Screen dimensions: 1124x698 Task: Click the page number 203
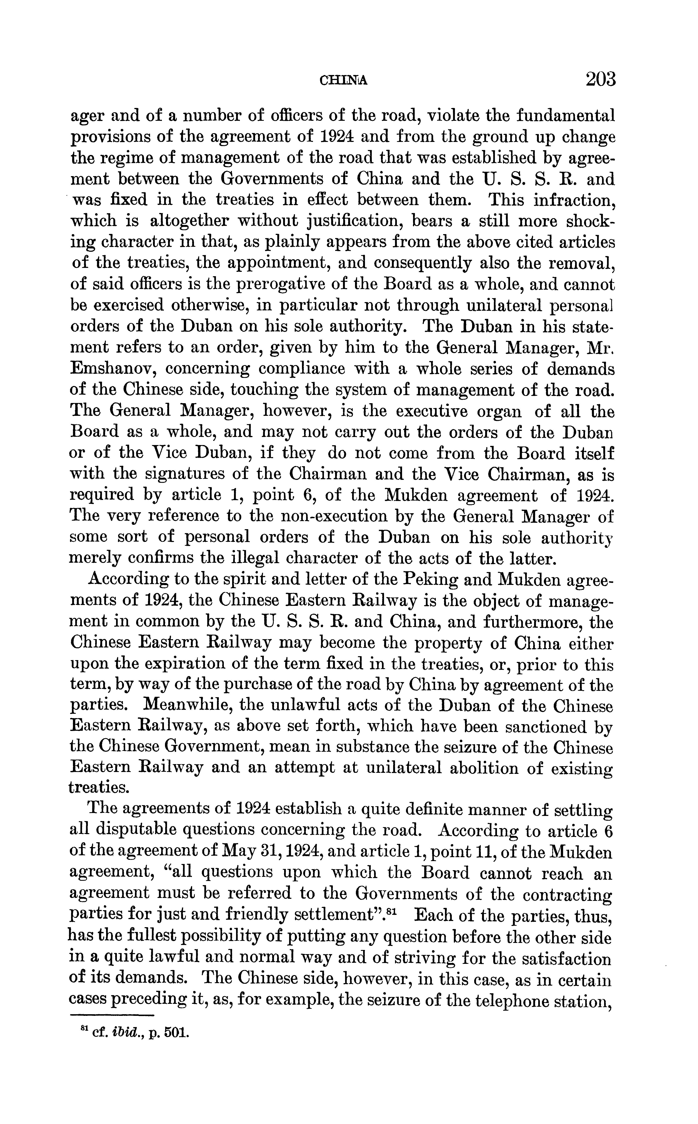point(601,79)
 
